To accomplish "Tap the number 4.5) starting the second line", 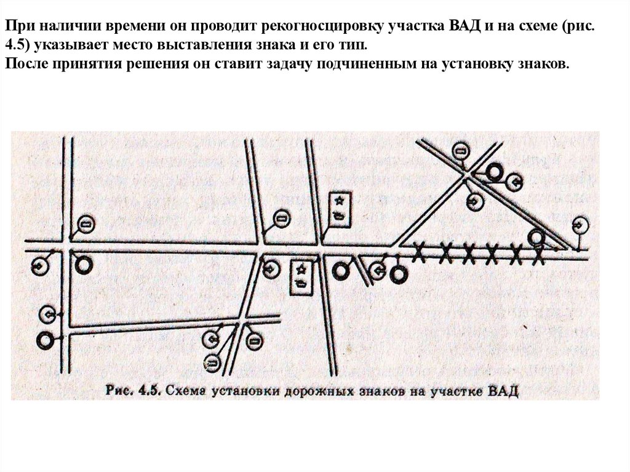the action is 17,47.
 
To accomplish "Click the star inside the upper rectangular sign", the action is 339,200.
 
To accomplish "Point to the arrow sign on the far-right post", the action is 580,225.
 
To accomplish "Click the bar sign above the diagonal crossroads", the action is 460,150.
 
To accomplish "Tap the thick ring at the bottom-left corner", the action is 45,340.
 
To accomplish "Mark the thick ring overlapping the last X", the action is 537,236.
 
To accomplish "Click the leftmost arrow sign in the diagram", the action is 39,266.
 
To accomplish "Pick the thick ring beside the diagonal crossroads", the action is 493,172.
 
